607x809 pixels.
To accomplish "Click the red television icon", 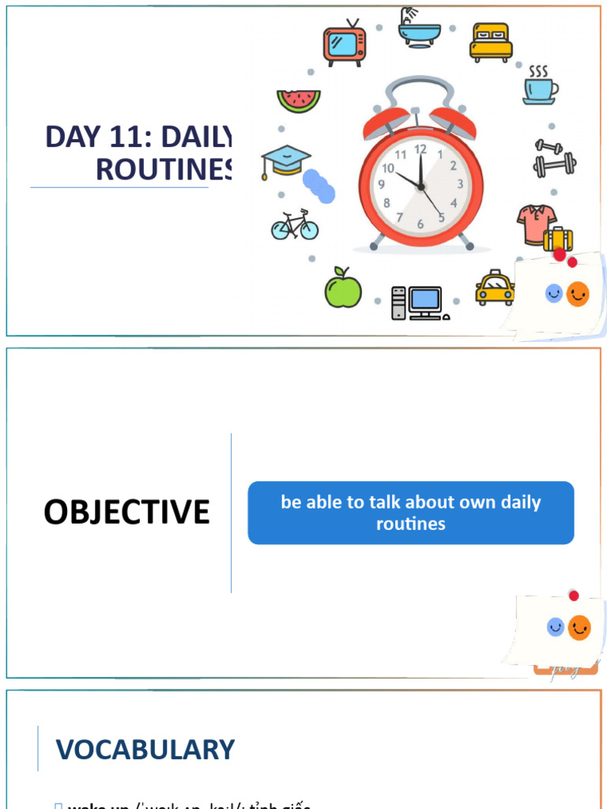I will [345, 45].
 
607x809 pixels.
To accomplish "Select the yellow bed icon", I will [491, 43].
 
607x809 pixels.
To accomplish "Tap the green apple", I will [343, 288].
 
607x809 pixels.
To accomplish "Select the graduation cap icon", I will [285, 161].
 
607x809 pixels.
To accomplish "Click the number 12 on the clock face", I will [420, 149].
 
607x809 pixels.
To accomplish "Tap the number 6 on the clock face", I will [420, 224].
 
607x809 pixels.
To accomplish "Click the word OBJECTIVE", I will [126, 512].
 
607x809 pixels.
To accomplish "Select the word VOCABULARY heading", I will [145, 749].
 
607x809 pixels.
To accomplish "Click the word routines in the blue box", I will [411, 523].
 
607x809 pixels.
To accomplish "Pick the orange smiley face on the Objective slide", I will [579, 627].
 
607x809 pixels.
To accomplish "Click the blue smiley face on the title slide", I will [554, 294].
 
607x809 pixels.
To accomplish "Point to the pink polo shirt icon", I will [537, 224].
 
